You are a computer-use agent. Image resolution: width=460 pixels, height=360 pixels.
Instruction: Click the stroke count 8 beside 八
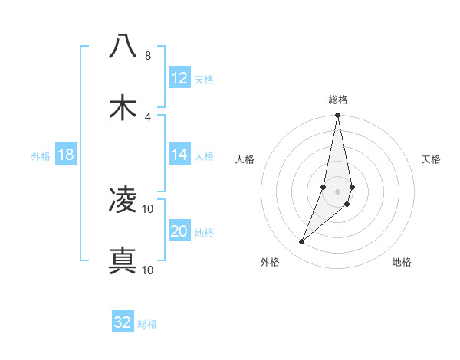[x=147, y=56]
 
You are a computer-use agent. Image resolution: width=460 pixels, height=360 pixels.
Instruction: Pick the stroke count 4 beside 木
[x=147, y=116]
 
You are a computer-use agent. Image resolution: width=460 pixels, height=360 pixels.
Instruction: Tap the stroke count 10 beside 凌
[x=148, y=209]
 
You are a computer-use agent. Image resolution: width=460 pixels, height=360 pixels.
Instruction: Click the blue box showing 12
[x=179, y=78]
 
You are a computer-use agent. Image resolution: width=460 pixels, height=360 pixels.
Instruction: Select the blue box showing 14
[x=179, y=155]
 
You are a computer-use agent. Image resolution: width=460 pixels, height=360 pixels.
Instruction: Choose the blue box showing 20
[x=179, y=231]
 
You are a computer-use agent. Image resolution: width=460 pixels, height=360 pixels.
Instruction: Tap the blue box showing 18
[x=66, y=155]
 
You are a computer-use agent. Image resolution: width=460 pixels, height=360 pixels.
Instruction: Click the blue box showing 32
[x=123, y=322]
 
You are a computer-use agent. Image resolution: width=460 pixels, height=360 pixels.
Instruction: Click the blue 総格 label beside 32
[x=147, y=324]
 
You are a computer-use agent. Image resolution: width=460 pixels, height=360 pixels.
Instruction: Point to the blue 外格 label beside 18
[x=41, y=156]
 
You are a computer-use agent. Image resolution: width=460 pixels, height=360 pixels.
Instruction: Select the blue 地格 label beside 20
[x=204, y=233]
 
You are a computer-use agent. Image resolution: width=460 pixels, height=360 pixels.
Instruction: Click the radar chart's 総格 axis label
[x=338, y=100]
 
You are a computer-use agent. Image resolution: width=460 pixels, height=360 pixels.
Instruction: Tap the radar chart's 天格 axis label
[x=431, y=159]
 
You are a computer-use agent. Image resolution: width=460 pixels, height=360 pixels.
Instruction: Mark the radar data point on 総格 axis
[x=338, y=116]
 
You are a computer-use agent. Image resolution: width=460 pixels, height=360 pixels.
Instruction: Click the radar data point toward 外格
[x=302, y=242]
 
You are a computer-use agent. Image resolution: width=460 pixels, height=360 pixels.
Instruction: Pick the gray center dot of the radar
[x=338, y=191]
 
